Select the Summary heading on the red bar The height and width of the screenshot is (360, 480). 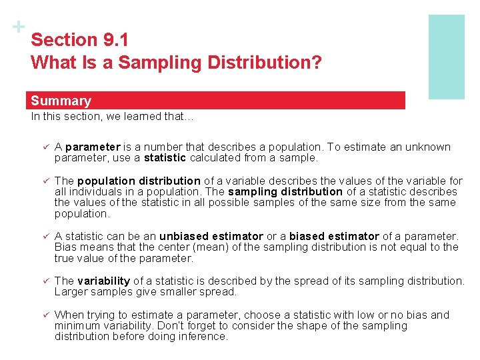(x=61, y=101)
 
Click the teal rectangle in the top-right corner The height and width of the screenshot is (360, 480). (x=446, y=57)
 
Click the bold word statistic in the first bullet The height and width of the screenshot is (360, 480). (x=165, y=158)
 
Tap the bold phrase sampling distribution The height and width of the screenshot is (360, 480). (x=285, y=191)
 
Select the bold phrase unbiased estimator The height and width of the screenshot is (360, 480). (x=211, y=236)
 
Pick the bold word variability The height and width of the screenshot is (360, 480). (x=104, y=281)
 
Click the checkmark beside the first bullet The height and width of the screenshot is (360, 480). (x=45, y=147)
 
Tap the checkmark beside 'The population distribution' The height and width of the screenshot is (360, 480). (x=45, y=181)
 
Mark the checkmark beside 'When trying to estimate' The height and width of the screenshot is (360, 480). (x=45, y=315)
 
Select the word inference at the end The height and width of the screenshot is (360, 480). (x=203, y=336)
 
